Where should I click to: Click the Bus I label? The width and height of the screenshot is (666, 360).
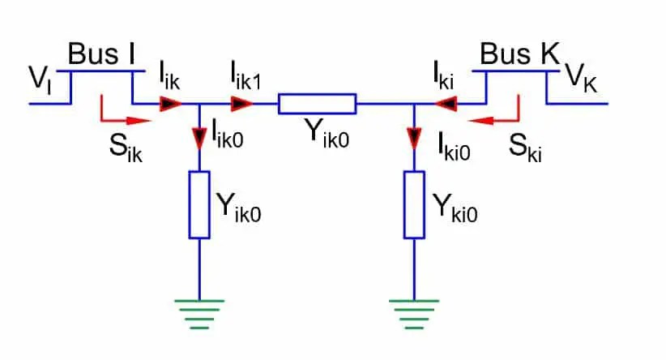101,55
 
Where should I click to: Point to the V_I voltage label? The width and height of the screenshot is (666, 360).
39,81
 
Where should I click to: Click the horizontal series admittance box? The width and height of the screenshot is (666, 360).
317,104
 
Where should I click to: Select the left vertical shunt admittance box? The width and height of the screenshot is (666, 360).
199,204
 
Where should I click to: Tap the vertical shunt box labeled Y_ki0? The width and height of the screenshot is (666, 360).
415,204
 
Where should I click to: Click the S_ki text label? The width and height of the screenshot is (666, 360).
525,146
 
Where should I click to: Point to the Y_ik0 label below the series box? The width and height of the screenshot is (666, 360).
319,135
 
